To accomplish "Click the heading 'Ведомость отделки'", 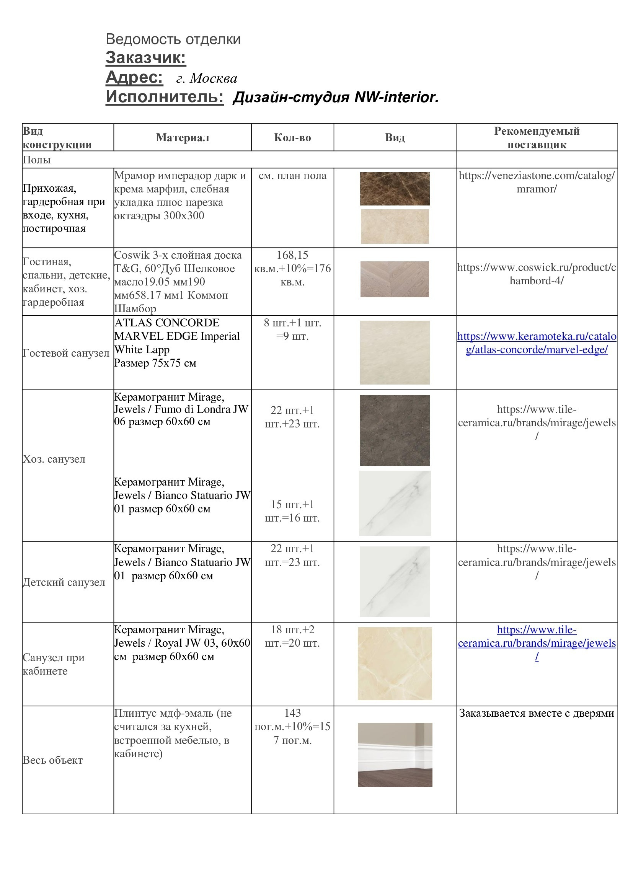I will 173,39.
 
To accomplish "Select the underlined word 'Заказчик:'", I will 146,58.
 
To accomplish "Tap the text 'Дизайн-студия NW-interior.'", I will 336,97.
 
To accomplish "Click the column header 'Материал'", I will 183,138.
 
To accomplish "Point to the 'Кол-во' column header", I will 292,138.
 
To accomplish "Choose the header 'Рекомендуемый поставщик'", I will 536,138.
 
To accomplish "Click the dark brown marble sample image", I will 395,189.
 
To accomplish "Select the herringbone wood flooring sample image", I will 395,279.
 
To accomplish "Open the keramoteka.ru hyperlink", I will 536,343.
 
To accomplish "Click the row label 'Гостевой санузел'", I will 66,353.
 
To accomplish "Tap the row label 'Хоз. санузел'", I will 54,459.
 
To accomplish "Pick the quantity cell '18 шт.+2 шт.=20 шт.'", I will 292,636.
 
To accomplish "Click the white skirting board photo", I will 395,754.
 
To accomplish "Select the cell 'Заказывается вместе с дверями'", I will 536,713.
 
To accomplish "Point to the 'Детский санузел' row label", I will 64,582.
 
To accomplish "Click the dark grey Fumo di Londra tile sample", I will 395,430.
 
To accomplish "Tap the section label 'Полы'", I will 37,160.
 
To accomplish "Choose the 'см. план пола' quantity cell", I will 292,176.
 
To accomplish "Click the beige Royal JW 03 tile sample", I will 395,663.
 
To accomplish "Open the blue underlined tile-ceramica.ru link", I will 536,643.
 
